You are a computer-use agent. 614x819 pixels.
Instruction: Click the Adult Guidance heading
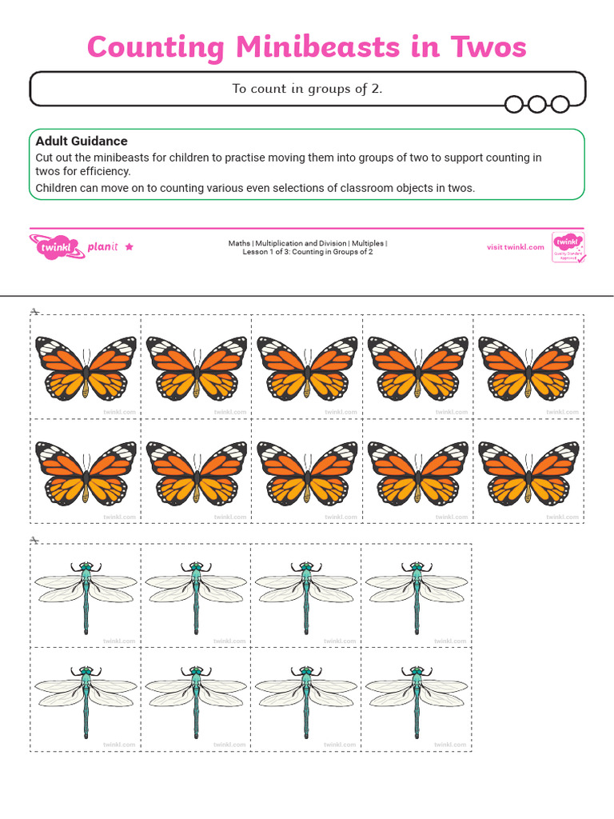[82, 141]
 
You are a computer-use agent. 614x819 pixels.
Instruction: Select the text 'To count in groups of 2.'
[307, 89]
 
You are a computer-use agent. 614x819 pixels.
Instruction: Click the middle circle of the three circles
[537, 104]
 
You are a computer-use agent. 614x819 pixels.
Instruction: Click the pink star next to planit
[130, 247]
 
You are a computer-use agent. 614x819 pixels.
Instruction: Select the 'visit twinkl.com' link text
[516, 247]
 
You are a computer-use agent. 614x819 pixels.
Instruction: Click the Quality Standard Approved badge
[568, 248]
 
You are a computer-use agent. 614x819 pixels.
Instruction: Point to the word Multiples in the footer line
[369, 243]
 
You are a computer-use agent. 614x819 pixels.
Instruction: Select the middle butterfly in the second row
[307, 473]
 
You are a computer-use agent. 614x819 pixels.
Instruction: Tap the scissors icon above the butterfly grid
[34, 310]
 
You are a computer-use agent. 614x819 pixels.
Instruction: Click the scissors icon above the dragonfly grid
[34, 540]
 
